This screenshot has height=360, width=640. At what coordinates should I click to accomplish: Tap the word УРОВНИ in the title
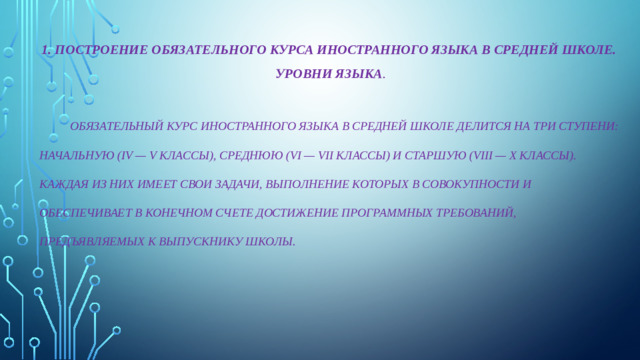(301, 75)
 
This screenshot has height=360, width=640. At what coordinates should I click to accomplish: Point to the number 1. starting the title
(45, 49)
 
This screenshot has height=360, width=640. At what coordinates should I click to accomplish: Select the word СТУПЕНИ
(587, 127)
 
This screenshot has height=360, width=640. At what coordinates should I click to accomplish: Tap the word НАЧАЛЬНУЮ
(75, 156)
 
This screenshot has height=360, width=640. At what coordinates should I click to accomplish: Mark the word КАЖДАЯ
(63, 185)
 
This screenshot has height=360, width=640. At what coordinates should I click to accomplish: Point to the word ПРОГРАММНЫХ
(395, 213)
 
